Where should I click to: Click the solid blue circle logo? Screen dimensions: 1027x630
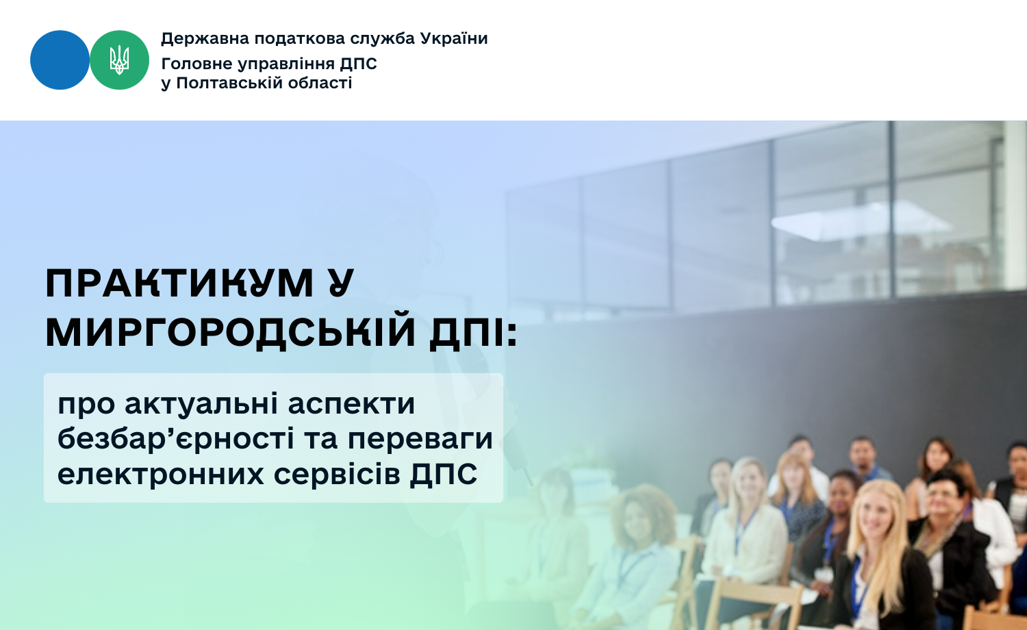pyautogui.click(x=60, y=60)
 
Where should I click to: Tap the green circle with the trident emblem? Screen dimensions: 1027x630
pyautogui.click(x=119, y=60)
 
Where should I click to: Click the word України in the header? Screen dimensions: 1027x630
pyautogui.click(x=454, y=38)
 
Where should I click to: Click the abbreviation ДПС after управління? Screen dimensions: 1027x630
pyautogui.click(x=358, y=64)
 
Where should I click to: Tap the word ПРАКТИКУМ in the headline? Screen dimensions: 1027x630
pyautogui.click(x=179, y=283)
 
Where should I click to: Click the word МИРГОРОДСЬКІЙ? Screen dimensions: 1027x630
pyautogui.click(x=230, y=331)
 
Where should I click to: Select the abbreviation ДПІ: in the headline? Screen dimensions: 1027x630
pyautogui.click(x=473, y=332)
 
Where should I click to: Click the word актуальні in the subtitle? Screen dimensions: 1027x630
pyautogui.click(x=201, y=405)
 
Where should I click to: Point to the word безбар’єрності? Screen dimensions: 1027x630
pyautogui.click(x=175, y=438)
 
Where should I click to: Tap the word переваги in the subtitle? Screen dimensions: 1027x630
pyautogui.click(x=420, y=439)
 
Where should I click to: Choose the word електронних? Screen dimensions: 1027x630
pyautogui.click(x=160, y=474)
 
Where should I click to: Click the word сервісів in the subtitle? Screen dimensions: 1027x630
pyautogui.click(x=337, y=474)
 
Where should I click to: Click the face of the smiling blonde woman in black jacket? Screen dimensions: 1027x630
pyautogui.click(x=875, y=513)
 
